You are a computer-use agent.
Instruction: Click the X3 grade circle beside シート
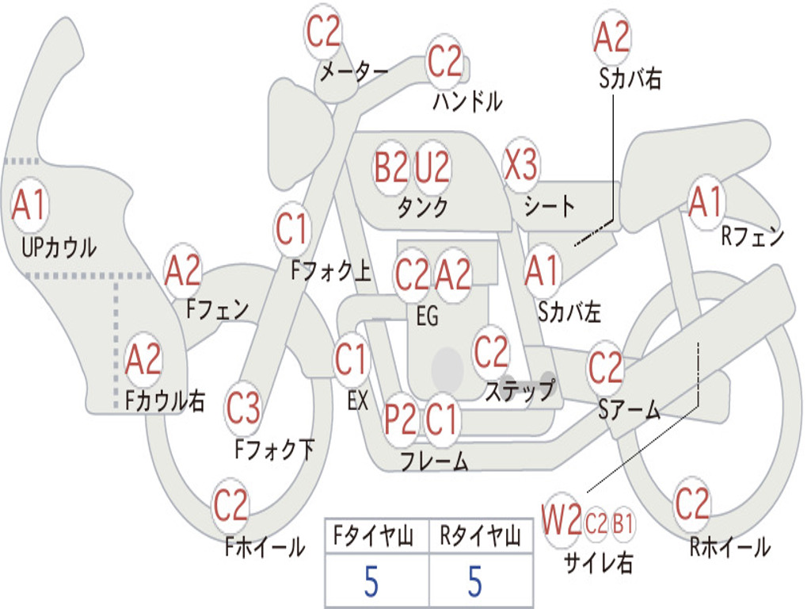pyautogui.click(x=520, y=166)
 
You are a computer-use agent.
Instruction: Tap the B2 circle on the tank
pyautogui.click(x=391, y=167)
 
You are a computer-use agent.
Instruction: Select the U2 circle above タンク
pyautogui.click(x=432, y=167)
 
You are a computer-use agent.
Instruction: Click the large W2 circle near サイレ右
pyautogui.click(x=562, y=522)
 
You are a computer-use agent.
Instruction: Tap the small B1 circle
pyautogui.click(x=623, y=523)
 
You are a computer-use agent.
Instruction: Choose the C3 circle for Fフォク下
pyautogui.click(x=243, y=409)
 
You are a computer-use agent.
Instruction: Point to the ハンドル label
pyautogui.click(x=467, y=101)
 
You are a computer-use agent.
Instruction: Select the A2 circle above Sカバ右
pyautogui.click(x=611, y=36)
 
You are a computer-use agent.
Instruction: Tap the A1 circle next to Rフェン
pyautogui.click(x=706, y=203)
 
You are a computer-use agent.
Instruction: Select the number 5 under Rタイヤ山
pyautogui.click(x=474, y=582)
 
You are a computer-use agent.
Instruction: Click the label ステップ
pyautogui.click(x=520, y=391)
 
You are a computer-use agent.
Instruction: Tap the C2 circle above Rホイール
pyautogui.click(x=692, y=504)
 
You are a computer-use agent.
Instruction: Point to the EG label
pyautogui.click(x=427, y=317)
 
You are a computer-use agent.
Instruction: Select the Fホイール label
pyautogui.click(x=265, y=547)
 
